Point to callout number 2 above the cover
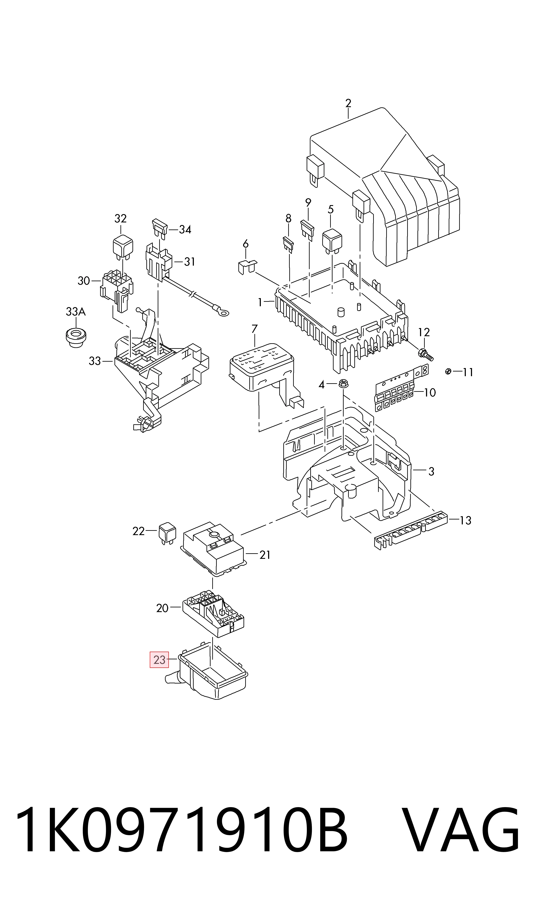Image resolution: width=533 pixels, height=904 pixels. (348, 103)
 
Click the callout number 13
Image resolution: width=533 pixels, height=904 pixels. (465, 520)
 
